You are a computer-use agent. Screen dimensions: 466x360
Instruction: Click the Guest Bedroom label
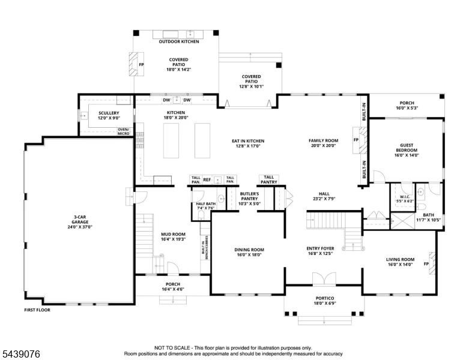(x=407, y=148)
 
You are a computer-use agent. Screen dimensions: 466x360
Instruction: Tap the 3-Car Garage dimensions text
(x=80, y=227)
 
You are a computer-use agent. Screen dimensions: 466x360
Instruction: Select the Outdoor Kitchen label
(x=179, y=41)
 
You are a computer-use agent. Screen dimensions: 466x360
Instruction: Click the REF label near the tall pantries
(x=207, y=180)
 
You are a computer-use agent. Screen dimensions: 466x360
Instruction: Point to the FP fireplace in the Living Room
(x=432, y=263)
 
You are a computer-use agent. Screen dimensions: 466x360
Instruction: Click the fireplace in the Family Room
(x=360, y=140)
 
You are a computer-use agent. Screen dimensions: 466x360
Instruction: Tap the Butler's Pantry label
(x=249, y=196)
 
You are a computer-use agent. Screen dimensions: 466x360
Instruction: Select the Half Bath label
(x=205, y=204)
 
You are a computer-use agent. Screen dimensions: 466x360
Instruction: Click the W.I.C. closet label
(x=405, y=197)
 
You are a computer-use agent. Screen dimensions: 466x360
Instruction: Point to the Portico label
(x=324, y=298)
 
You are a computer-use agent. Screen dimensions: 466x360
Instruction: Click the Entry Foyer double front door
(x=324, y=278)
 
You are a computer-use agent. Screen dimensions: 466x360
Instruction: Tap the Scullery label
(x=109, y=113)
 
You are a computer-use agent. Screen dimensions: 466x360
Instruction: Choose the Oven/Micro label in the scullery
(x=124, y=131)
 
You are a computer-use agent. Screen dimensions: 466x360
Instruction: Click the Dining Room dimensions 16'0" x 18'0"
(x=249, y=255)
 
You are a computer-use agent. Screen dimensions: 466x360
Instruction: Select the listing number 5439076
(x=21, y=354)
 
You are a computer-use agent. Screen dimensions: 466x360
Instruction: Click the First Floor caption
(x=37, y=310)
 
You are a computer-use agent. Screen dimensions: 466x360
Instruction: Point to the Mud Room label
(x=174, y=235)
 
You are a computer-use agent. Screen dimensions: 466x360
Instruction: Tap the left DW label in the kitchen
(x=166, y=100)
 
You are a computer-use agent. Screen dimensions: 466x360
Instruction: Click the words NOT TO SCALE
(x=172, y=348)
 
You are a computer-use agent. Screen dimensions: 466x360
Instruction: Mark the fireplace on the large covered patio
(x=136, y=64)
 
